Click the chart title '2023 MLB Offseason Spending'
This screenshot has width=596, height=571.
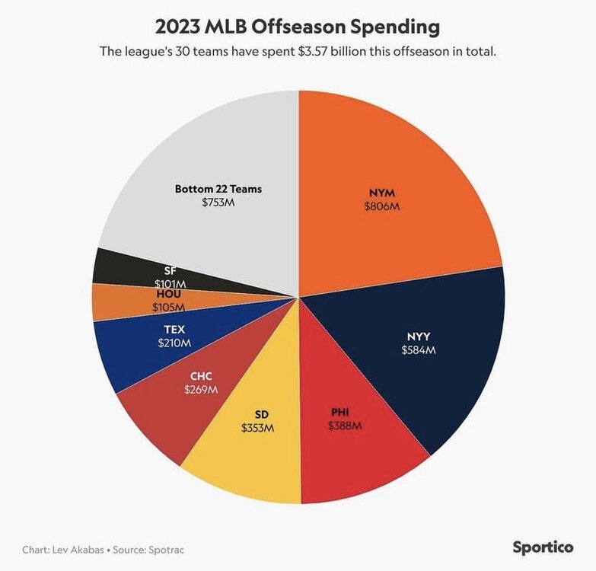pyautogui.click(x=298, y=27)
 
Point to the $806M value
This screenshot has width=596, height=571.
pyautogui.click(x=382, y=206)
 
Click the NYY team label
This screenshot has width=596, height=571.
pyautogui.click(x=417, y=336)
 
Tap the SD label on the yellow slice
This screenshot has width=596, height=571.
pyautogui.click(x=262, y=414)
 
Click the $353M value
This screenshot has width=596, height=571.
pyautogui.click(x=258, y=428)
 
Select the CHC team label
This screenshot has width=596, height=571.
pyautogui.click(x=201, y=375)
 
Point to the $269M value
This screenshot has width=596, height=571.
pyautogui.click(x=201, y=389)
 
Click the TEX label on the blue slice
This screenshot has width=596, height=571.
pyautogui.click(x=174, y=329)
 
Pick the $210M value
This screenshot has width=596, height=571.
pyautogui.click(x=174, y=343)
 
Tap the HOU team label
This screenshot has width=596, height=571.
pyautogui.click(x=168, y=293)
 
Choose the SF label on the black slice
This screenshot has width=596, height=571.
pyautogui.click(x=170, y=270)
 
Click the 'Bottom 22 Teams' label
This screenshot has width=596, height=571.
pyautogui.click(x=218, y=189)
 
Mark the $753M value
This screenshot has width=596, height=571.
pyautogui.click(x=218, y=203)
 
